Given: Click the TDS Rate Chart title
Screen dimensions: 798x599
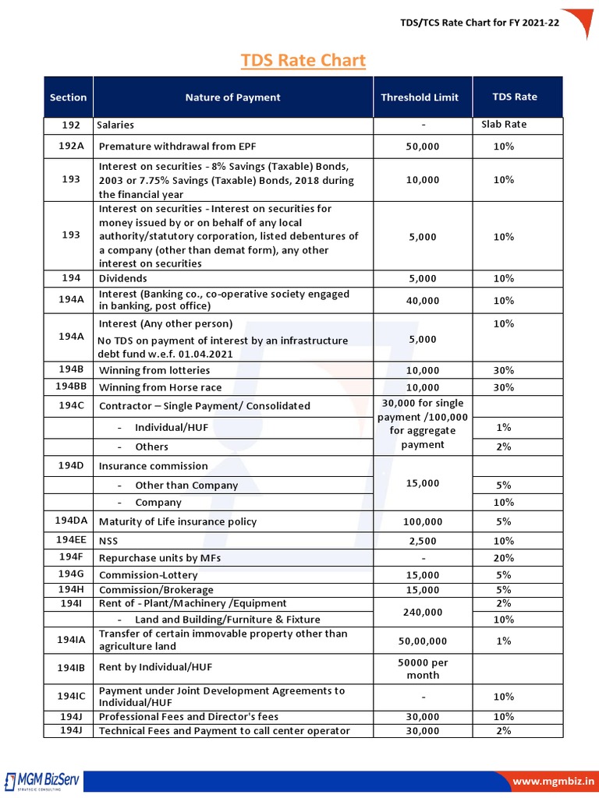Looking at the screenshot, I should (303, 61).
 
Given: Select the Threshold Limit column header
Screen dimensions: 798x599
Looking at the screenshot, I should (420, 97).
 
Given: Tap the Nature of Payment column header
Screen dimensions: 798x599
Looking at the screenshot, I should (232, 97).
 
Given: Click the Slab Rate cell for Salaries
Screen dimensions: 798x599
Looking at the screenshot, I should (504, 125).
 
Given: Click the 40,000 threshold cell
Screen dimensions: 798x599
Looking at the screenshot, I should (423, 301).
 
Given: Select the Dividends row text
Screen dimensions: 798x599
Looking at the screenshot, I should (122, 278).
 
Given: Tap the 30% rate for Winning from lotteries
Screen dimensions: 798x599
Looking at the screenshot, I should (504, 371).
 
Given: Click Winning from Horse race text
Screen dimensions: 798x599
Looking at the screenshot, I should (160, 388).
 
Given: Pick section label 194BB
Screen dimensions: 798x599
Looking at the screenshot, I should (71, 387).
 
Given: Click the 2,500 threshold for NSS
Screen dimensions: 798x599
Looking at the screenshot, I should (423, 541).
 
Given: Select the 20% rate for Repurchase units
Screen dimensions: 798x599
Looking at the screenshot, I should (504, 558).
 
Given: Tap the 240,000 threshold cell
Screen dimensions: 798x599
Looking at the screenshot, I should (423, 613).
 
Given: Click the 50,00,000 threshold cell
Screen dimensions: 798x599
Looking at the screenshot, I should (423, 641).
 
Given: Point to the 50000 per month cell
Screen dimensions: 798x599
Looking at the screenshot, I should (423, 669).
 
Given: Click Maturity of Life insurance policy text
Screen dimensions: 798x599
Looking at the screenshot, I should (177, 522).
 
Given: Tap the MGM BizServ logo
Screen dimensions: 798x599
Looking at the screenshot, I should (42, 781).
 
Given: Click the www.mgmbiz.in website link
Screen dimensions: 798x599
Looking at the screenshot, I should (552, 781).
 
